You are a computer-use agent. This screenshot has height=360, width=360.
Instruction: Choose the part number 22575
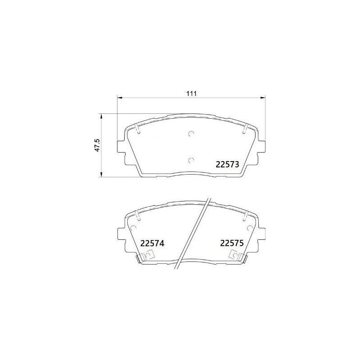[x=231, y=243]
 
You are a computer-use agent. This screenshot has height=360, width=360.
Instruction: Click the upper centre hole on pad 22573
[x=191, y=133]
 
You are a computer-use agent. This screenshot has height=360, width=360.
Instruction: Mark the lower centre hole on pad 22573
[x=191, y=160]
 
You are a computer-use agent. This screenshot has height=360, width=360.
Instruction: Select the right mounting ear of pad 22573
[x=261, y=146]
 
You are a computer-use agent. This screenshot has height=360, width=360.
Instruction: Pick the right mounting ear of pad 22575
[x=261, y=234]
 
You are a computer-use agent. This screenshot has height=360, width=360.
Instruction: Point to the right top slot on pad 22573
[x=244, y=130]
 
